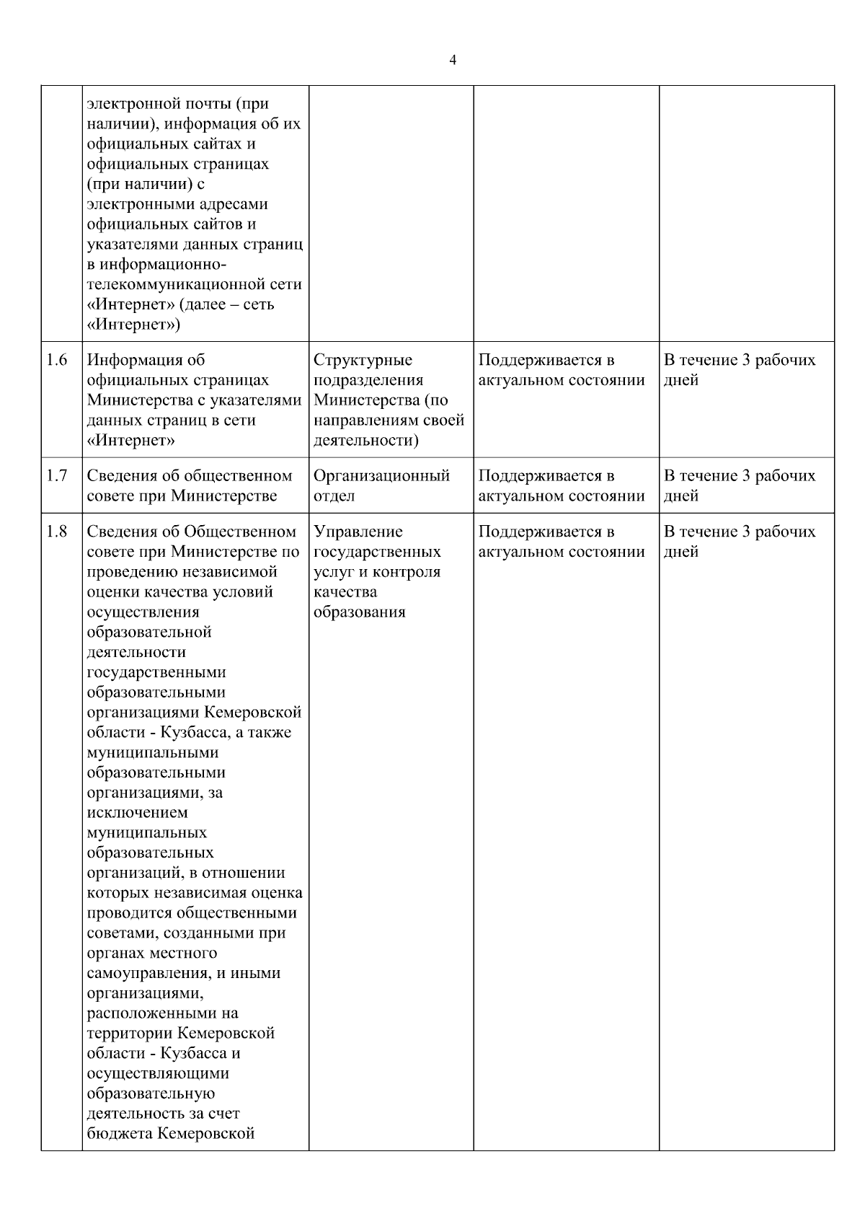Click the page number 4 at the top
pos(452,61)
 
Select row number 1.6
pos(57,360)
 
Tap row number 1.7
pos(57,476)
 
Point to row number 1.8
pos(57,532)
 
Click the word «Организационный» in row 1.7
pos(382,476)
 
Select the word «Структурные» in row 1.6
pos(363,360)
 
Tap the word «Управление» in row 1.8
pos(358,532)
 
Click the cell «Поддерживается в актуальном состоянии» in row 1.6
pos(562,370)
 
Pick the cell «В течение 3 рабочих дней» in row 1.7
pos(740,485)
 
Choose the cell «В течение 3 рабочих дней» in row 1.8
pos(740,542)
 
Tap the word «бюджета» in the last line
pos(119,1133)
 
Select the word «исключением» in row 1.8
pos(137,812)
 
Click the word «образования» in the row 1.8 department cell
pos(360,612)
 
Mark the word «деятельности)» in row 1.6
pos(366,441)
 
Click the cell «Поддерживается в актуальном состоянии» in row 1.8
pos(562,542)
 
